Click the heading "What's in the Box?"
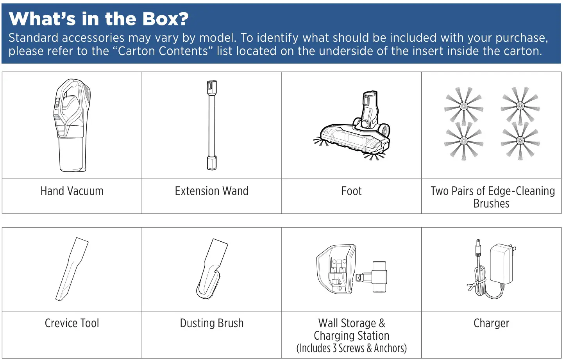point(98,19)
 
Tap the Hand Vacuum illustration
point(72,125)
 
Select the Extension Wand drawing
point(211,125)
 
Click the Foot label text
point(351,191)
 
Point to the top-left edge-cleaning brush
point(464,105)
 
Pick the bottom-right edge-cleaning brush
point(520,141)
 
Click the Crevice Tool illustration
point(72,269)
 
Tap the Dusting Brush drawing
point(211,269)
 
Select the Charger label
point(491,323)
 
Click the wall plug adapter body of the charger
point(502,264)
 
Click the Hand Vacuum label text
point(72,191)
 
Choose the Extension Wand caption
point(211,191)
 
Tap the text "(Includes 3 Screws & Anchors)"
point(351,348)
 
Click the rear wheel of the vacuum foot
point(385,130)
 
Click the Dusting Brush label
point(211,323)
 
